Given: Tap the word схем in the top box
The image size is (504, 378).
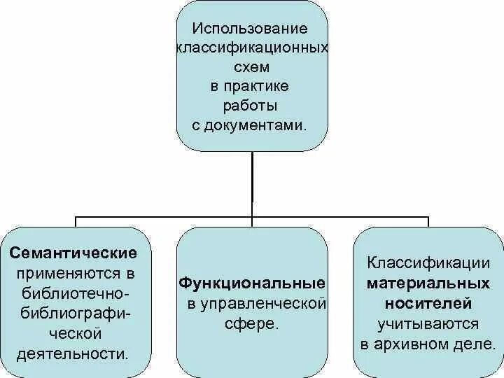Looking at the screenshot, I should [251, 69].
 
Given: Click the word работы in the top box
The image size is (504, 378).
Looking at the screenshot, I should [251, 106].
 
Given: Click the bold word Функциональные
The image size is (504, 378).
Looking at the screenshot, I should [252, 283].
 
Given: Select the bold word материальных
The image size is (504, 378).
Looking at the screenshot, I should [428, 284].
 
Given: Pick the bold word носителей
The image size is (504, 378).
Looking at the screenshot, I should [428, 304].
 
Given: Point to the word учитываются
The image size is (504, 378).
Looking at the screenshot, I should [428, 324].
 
